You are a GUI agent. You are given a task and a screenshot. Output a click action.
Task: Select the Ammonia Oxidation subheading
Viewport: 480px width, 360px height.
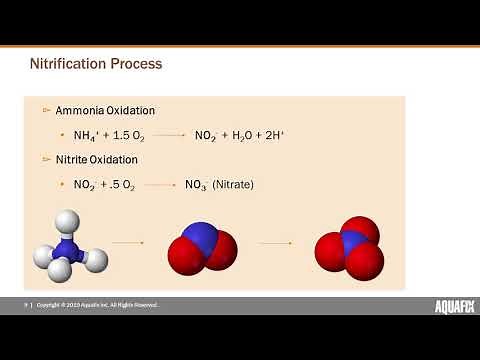pyautogui.click(x=105, y=109)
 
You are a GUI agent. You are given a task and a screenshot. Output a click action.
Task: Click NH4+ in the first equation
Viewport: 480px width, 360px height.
pyautogui.click(x=86, y=134)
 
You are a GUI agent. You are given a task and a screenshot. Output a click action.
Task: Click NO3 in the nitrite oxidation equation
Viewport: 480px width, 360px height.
pyautogui.click(x=195, y=185)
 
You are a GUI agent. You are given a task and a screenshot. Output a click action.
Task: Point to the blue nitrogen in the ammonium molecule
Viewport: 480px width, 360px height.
pyautogui.click(x=68, y=247)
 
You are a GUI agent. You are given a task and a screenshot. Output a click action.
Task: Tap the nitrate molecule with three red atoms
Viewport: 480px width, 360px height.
pyautogui.click(x=348, y=248)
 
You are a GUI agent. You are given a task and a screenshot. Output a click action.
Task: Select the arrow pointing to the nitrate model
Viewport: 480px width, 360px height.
pyautogui.click(x=275, y=242)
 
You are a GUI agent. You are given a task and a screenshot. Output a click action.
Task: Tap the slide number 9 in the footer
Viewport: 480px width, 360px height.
pyautogui.click(x=26, y=304)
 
